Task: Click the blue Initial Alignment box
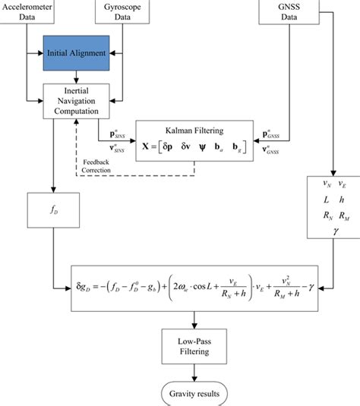(x=74, y=54)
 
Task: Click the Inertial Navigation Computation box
(x=74, y=100)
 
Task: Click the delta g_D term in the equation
(x=90, y=287)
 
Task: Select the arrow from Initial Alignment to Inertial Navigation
(x=74, y=76)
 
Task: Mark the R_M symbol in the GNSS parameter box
(x=343, y=217)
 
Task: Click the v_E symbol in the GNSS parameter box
(x=343, y=183)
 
